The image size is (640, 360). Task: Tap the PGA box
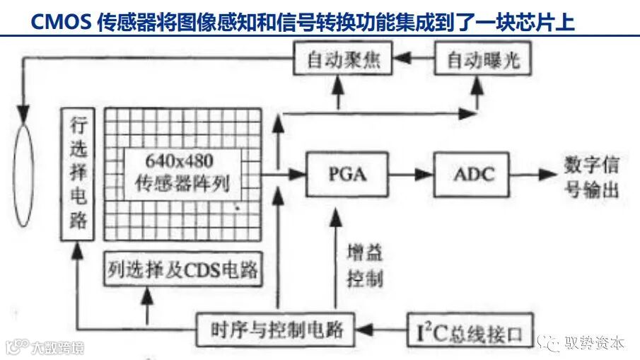348,174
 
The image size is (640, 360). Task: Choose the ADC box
473,174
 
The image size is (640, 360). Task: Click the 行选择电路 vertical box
78,174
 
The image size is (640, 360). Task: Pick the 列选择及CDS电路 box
182,269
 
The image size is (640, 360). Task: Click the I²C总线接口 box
468,330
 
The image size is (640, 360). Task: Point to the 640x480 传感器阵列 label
182,174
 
